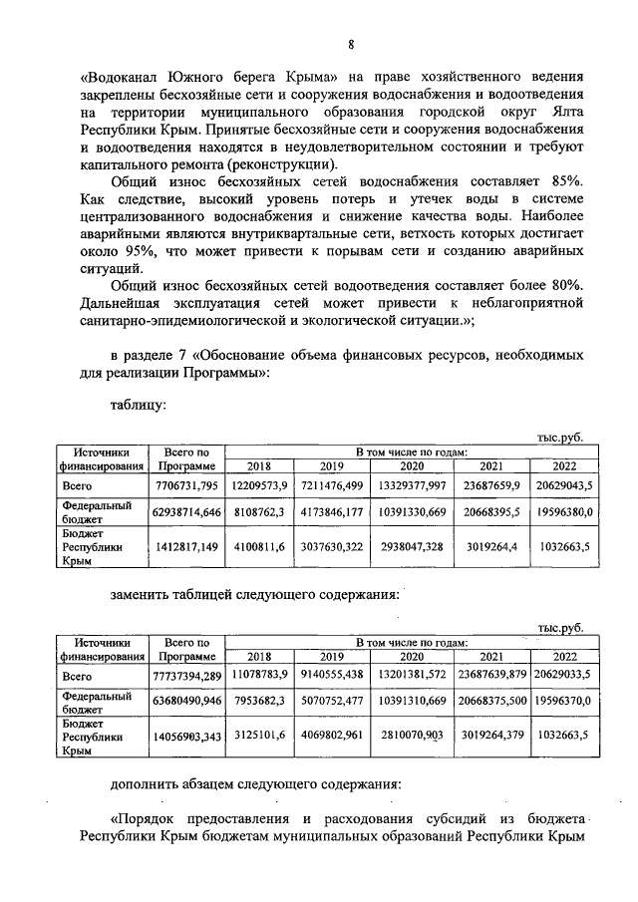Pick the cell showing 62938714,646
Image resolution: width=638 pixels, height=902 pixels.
click(x=184, y=511)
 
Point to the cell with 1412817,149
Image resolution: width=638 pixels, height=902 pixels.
click(x=185, y=546)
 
